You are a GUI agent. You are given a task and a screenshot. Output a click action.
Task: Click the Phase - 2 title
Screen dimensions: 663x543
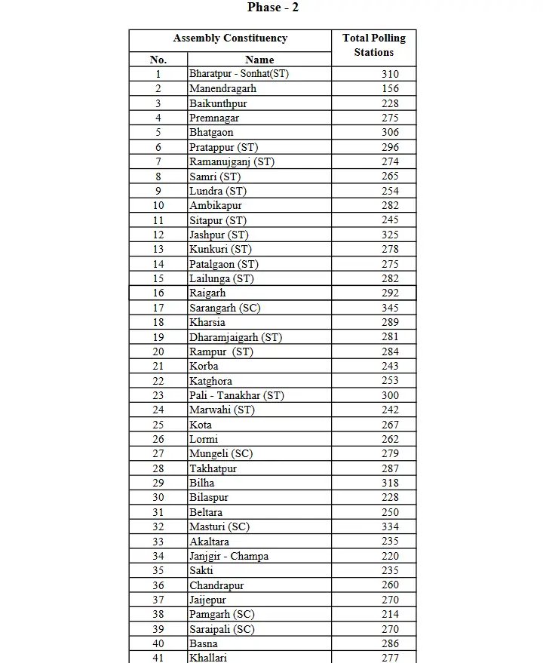tap(273, 8)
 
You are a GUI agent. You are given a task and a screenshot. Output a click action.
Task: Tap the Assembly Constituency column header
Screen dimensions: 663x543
tap(230, 38)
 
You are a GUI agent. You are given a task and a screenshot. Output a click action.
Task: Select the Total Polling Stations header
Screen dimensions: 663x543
tap(373, 45)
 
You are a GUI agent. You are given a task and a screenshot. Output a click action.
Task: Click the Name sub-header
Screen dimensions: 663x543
tap(259, 60)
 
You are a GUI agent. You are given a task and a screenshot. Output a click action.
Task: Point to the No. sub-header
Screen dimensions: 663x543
tap(158, 60)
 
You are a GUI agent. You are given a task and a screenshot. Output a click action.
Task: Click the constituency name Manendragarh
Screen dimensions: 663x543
tap(222, 88)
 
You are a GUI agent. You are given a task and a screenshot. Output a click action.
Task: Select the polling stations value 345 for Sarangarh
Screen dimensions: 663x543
tap(390, 308)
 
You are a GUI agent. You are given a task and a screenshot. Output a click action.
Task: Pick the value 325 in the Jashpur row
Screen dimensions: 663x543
tap(390, 235)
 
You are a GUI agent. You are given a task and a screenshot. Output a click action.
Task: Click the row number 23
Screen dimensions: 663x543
tap(158, 395)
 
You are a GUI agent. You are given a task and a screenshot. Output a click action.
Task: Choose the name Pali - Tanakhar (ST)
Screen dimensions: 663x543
tap(236, 395)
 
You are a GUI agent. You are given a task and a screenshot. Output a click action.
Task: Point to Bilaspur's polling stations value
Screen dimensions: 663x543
tap(390, 498)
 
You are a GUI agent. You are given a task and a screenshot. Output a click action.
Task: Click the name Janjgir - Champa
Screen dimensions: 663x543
tap(229, 556)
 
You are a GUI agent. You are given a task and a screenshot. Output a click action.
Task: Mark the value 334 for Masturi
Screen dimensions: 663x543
tap(390, 526)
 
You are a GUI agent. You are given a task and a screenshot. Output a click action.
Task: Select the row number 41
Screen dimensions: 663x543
tap(158, 658)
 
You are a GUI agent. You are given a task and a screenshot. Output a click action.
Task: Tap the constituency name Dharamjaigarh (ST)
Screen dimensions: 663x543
tap(235, 337)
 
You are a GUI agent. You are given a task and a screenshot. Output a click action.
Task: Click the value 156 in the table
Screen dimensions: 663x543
tap(390, 88)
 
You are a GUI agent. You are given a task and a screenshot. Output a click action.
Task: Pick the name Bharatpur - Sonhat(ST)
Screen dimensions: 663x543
tap(238, 74)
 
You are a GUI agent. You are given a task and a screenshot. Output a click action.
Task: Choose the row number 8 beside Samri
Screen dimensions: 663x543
tap(158, 176)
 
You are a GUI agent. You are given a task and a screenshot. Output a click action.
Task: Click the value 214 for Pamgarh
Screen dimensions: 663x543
tap(390, 615)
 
